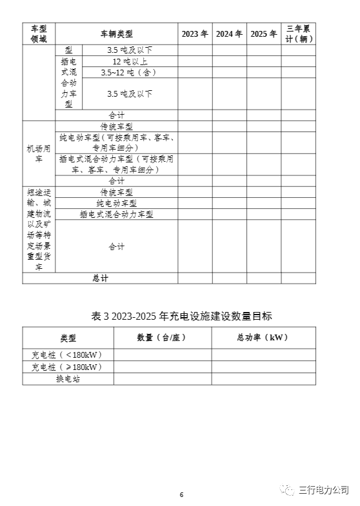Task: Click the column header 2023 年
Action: click(x=195, y=34)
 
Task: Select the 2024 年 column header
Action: click(x=229, y=34)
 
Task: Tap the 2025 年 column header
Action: click(x=263, y=34)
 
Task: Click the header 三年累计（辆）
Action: click(x=299, y=34)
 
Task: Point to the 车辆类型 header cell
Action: click(x=116, y=34)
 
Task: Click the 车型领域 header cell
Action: click(x=39, y=34)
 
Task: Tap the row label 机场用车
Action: click(x=39, y=153)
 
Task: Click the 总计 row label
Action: click(x=100, y=278)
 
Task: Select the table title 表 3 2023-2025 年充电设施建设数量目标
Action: click(x=182, y=316)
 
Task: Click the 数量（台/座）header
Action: click(x=162, y=337)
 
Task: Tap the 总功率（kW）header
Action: click(x=263, y=337)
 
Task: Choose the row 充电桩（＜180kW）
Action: click(x=67, y=355)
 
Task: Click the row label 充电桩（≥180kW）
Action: click(x=67, y=367)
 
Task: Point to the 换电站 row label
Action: click(x=68, y=379)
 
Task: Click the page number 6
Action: click(x=181, y=494)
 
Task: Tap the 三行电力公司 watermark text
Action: click(x=323, y=491)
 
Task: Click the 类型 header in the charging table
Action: click(x=68, y=337)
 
